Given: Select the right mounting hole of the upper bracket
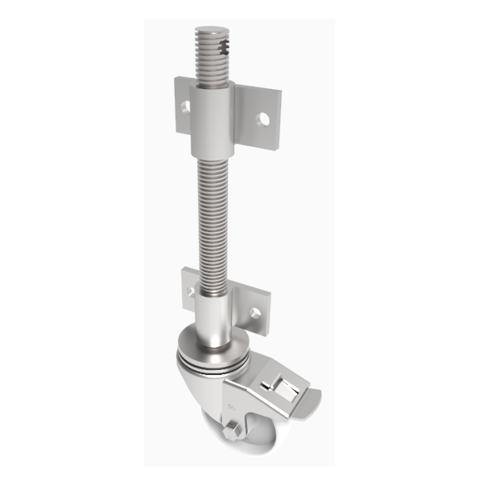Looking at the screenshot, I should click(264, 119).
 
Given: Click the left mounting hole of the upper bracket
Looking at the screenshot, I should click(185, 106).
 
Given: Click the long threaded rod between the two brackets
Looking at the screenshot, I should click(212, 216).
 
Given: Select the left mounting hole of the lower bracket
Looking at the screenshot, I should click(190, 292).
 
